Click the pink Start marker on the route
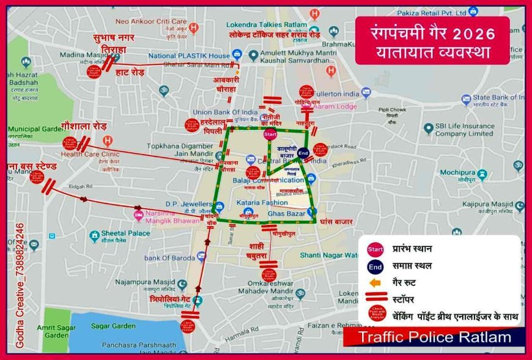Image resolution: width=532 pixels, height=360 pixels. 270,134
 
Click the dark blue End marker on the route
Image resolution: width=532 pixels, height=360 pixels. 303,153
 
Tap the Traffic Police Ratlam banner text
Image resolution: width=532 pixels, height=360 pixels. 434,337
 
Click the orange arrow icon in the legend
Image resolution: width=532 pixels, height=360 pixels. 375,283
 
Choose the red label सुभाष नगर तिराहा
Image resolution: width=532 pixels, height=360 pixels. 114,42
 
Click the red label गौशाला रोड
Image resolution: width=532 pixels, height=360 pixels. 84,125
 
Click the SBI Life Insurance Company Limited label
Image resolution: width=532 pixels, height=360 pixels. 464,130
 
